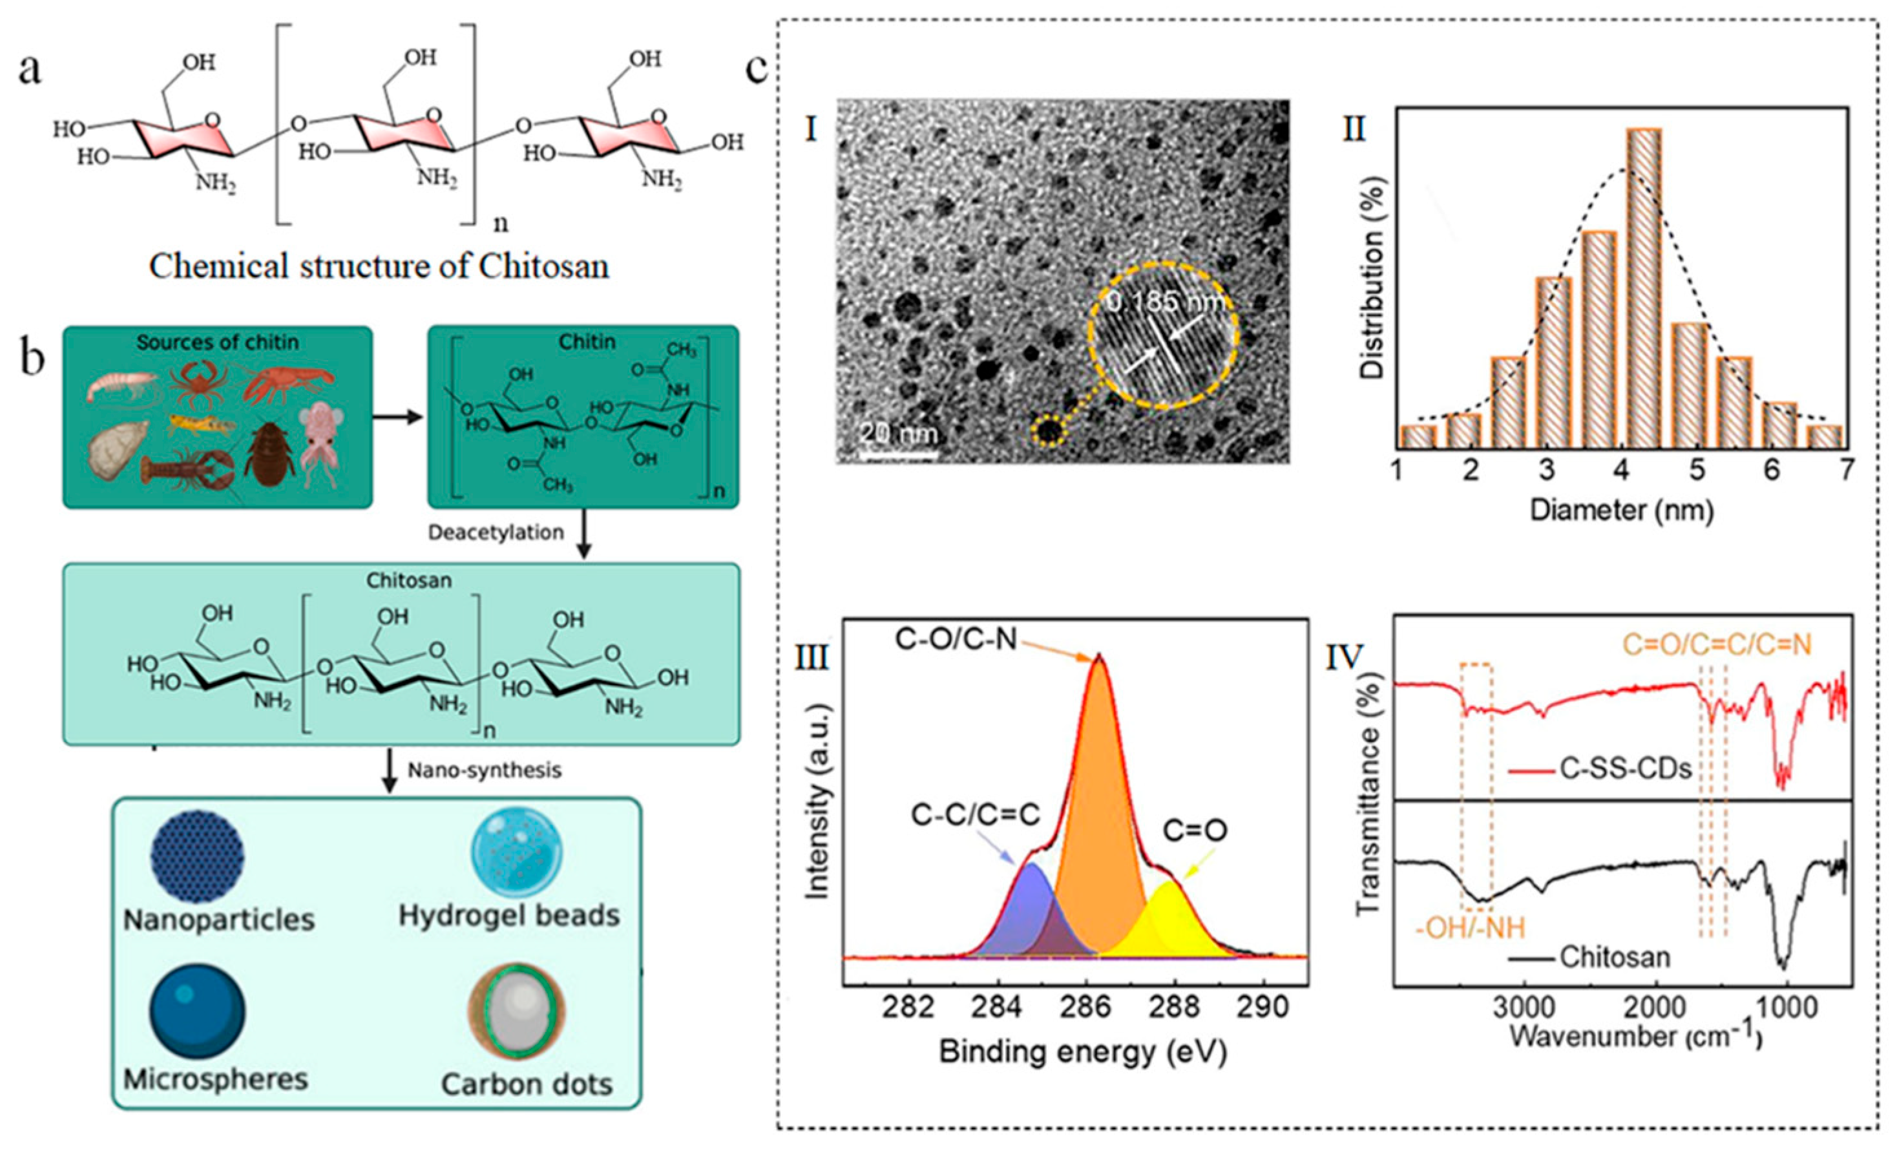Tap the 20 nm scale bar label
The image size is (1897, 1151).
click(899, 434)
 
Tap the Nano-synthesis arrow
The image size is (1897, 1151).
click(390, 770)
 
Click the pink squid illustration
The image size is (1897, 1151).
click(322, 447)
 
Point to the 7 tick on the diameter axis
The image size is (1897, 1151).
click(1845, 491)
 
